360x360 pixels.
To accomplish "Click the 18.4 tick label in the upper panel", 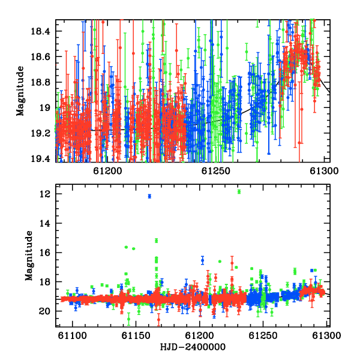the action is click(x=40, y=31).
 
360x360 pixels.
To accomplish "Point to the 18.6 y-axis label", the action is click(x=40, y=56).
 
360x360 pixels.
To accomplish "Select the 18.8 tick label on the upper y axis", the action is click(x=40, y=82).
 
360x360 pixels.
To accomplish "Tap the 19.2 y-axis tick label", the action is click(x=40, y=133).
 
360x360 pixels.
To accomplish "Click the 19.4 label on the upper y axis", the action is click(x=40, y=158).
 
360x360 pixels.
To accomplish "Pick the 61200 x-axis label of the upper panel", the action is click(x=107, y=171).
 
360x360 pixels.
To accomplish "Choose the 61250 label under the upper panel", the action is click(x=216, y=171).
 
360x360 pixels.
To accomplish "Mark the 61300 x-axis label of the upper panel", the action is click(x=324, y=171).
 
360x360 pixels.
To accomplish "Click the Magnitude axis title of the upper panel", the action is click(x=20, y=91).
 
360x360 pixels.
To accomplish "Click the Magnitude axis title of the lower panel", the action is click(x=29, y=256).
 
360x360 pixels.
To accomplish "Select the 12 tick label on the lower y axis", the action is click(x=45, y=194).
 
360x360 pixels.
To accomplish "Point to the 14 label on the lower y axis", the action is click(x=45, y=223).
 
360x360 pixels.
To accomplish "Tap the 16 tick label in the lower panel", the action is click(x=45, y=253).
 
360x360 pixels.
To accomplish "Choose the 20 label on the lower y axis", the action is click(x=45, y=311).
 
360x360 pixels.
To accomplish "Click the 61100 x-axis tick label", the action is click(x=73, y=335).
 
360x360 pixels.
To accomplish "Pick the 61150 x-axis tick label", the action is click(x=136, y=335).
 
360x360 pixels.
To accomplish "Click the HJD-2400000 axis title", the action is click(x=193, y=347).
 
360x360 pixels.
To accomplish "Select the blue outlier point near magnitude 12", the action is click(x=149, y=196).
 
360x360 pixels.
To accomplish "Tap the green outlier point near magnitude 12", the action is click(x=239, y=192).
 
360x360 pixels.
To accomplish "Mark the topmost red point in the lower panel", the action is click(x=232, y=263).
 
